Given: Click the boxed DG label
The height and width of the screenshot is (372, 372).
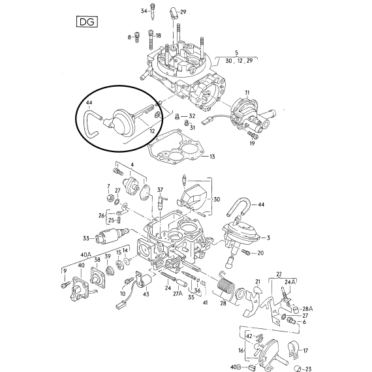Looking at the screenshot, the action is tap(87, 22).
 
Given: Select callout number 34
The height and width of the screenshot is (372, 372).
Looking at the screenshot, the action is tap(144, 11).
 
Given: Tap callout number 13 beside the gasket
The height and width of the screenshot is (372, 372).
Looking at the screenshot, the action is tap(212, 157).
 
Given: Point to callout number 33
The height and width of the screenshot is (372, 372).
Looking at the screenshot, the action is tap(86, 238).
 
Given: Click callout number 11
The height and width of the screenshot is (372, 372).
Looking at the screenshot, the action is tap(247, 93).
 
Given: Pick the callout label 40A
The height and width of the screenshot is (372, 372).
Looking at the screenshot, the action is tap(86, 255).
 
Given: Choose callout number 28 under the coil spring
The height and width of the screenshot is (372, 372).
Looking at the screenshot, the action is tap(223, 303).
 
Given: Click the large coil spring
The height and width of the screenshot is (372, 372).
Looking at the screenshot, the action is tap(225, 285).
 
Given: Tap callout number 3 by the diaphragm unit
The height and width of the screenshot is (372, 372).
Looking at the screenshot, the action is tap(268, 238).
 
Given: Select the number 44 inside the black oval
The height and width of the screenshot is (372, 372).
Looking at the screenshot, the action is tap(89, 102).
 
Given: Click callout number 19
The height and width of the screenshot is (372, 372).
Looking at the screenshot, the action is tap(252, 144).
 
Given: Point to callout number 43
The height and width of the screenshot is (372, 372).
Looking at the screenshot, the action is tap(146, 294).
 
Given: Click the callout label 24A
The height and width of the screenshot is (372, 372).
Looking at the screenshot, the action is tap(290, 282).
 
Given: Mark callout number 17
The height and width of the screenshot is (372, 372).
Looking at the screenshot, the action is tap(305, 350).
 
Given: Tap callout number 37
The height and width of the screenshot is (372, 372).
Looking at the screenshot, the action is tap(160, 190).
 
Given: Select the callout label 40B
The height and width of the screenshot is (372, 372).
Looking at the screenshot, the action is tap(236, 367).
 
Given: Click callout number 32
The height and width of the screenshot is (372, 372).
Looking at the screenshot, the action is tap(192, 116).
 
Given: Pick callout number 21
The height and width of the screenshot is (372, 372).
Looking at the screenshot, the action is tap(258, 281).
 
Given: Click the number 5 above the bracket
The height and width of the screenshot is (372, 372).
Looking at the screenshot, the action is tap(236, 53).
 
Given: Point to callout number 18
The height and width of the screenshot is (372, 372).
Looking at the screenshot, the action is tap(158, 36).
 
